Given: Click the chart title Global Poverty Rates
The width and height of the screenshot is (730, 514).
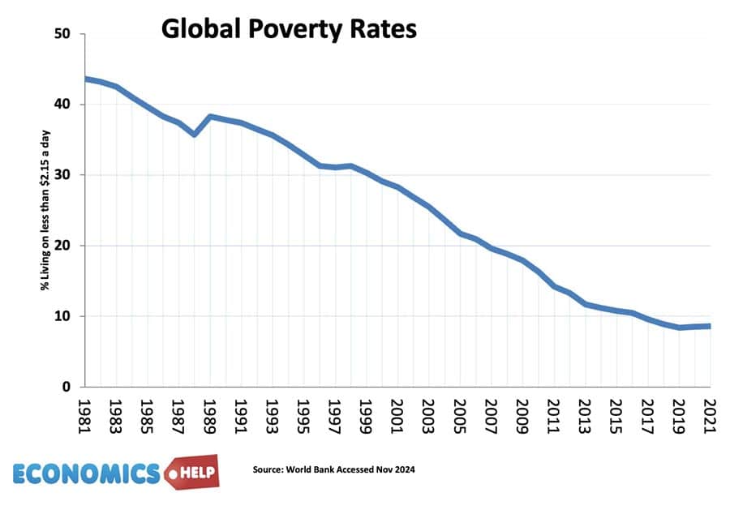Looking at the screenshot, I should point(288,29).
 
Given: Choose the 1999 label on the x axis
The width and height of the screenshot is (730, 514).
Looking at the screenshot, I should point(367,414).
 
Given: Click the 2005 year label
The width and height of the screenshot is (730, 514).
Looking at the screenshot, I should point(460,414).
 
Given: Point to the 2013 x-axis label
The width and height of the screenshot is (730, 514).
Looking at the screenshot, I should point(585,414).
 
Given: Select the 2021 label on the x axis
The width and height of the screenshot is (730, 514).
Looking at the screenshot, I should point(709,414).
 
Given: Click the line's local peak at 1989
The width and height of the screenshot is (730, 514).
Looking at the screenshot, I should point(211,117).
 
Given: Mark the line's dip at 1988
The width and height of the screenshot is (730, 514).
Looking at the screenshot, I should point(195,134).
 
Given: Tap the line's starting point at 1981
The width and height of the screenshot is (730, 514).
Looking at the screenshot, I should point(86,79).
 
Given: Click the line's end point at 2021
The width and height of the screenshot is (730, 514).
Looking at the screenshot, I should point(710,326).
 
